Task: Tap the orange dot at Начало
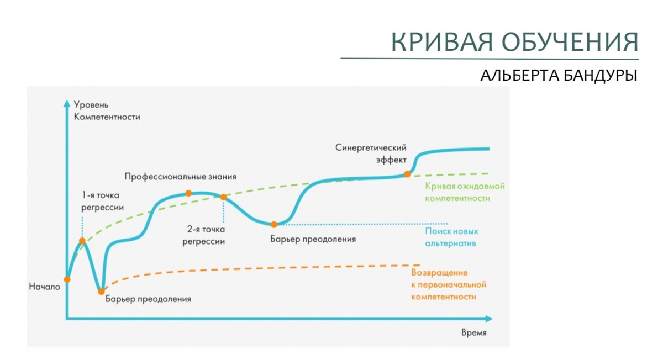(x=67, y=279)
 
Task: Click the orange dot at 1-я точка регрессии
(x=82, y=241)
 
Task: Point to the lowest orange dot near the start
(x=101, y=291)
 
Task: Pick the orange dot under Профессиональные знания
(x=188, y=193)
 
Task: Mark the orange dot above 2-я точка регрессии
(x=223, y=197)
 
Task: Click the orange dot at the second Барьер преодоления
(x=273, y=224)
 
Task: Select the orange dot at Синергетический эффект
(x=407, y=174)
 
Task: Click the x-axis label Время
(x=474, y=333)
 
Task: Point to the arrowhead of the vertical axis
(x=67, y=103)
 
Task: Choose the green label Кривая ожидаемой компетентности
(x=465, y=192)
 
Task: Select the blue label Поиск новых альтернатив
(x=451, y=237)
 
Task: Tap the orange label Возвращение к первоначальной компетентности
(x=448, y=284)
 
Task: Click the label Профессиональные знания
(x=180, y=177)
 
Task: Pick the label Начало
(x=45, y=287)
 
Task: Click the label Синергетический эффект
(x=371, y=153)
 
